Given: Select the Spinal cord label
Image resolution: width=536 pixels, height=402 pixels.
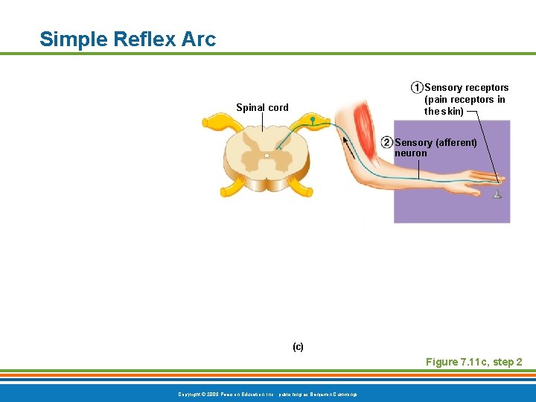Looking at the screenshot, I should pyautogui.click(x=262, y=108).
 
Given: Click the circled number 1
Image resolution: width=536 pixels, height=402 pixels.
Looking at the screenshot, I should pyautogui.click(x=417, y=88).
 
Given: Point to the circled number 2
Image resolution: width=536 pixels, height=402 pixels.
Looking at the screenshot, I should pyautogui.click(x=386, y=142).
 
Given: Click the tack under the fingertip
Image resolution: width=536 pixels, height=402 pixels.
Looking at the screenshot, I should pyautogui.click(x=497, y=194).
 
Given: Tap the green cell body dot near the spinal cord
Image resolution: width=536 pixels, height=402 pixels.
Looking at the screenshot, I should pyautogui.click(x=313, y=119).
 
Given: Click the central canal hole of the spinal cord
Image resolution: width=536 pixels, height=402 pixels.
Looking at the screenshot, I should pyautogui.click(x=267, y=156).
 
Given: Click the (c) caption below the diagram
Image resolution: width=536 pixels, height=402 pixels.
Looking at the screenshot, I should pyautogui.click(x=298, y=347).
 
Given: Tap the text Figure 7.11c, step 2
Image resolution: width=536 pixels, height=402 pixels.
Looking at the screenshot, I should pyautogui.click(x=473, y=362).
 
